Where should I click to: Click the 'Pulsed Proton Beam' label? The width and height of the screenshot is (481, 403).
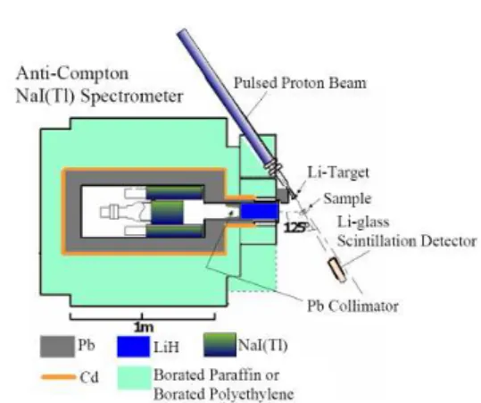point(300,83)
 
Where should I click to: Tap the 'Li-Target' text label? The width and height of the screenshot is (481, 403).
point(338,172)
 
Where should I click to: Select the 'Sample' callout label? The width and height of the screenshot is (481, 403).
point(347,198)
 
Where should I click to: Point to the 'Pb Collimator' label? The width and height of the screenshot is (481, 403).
point(352,306)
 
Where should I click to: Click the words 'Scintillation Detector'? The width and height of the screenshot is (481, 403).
point(407,241)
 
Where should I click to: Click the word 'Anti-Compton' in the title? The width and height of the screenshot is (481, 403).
point(72,74)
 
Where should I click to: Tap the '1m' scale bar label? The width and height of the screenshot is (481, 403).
point(144,327)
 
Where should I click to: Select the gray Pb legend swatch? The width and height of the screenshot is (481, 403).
point(57,347)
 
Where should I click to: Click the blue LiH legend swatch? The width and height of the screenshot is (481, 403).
point(134,347)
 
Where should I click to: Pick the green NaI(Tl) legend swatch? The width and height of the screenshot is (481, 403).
point(220,345)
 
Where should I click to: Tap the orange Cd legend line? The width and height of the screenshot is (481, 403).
point(58,377)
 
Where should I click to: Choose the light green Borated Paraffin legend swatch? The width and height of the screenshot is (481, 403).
point(135,378)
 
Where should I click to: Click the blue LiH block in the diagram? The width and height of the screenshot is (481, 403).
point(260,211)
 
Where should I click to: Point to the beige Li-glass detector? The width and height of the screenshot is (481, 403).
point(337,270)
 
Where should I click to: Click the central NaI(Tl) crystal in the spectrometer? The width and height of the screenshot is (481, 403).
point(167,212)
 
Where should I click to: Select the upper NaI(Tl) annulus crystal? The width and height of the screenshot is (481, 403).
point(174,192)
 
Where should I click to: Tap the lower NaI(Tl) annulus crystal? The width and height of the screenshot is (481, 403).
point(174,231)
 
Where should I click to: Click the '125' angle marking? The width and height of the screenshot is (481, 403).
point(294,228)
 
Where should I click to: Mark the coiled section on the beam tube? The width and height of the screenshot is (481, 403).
point(275,167)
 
